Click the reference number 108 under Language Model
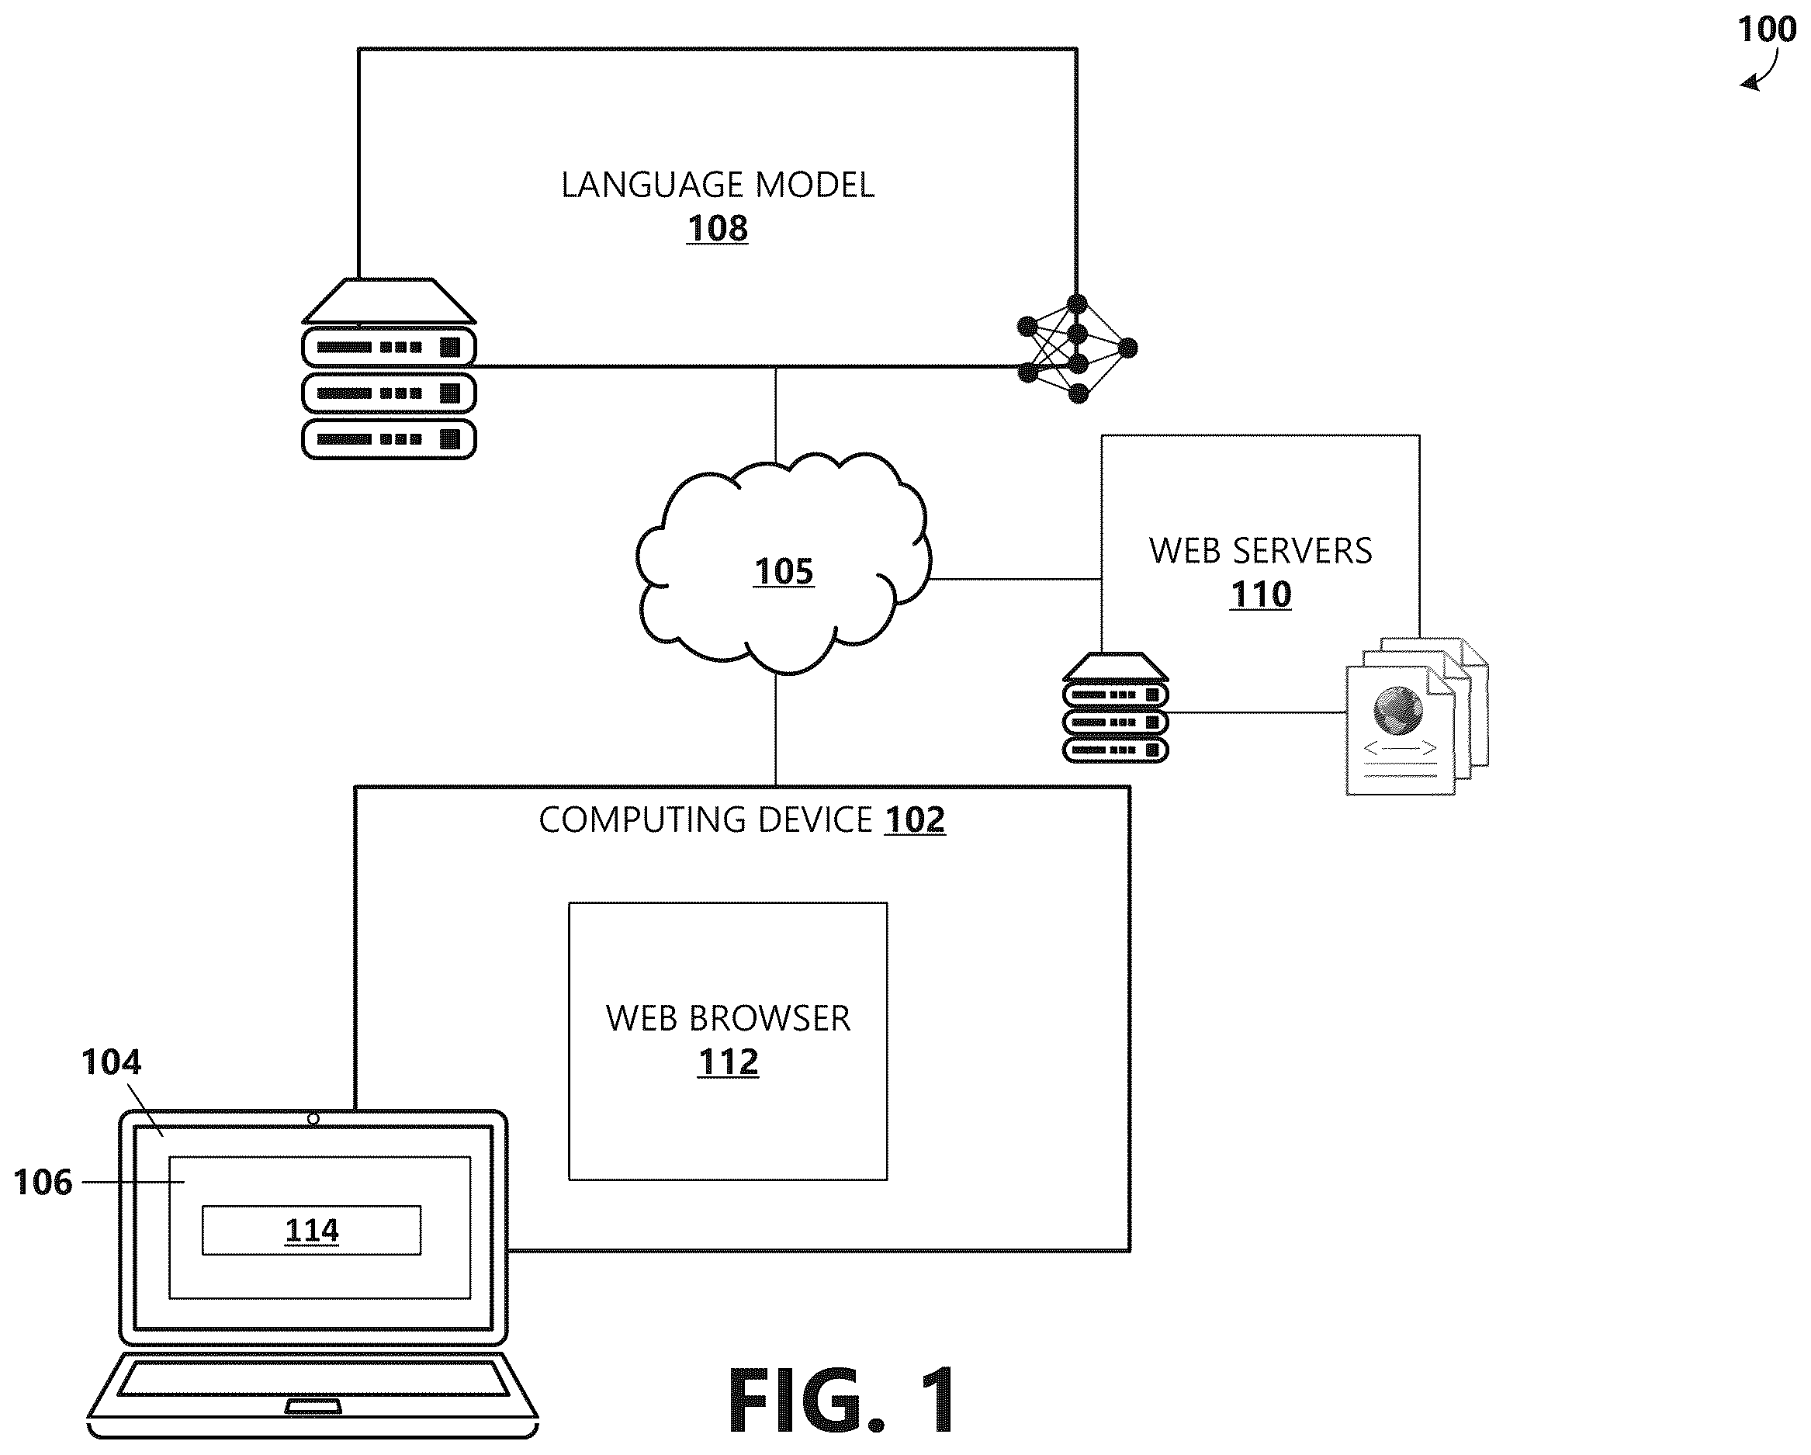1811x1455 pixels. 718,227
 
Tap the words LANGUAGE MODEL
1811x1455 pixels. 718,185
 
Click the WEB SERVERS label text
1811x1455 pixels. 1260,551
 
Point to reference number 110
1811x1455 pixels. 1260,594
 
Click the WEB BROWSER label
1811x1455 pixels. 727,1018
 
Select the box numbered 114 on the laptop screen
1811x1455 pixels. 312,1230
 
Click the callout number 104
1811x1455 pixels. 111,1062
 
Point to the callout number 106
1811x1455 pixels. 43,1182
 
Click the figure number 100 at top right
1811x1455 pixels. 1767,30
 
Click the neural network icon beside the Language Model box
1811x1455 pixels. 1077,348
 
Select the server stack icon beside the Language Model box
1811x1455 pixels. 389,368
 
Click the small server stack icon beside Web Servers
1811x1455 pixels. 1116,708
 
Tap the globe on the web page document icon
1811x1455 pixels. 1397,710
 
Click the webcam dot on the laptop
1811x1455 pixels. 313,1119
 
